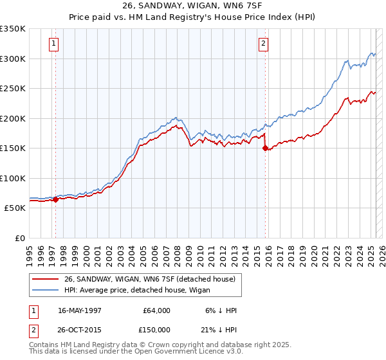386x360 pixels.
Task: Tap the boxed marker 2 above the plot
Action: coord(264,44)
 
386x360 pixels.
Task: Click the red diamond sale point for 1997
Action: coord(56,199)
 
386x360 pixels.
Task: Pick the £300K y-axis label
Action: coord(13,59)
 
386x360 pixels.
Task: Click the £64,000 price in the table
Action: coord(156,310)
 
